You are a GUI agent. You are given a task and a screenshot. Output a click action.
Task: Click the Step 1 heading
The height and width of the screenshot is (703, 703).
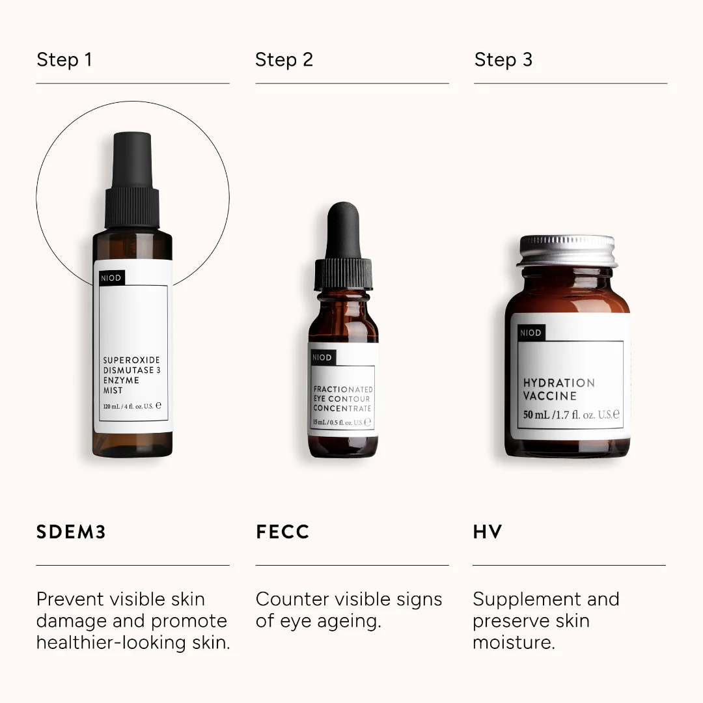pyautogui.click(x=64, y=60)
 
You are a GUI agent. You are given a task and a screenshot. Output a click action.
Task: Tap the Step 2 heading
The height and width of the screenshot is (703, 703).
pyautogui.click(x=284, y=60)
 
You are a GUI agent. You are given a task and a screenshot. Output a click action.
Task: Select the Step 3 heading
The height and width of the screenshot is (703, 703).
pyautogui.click(x=503, y=60)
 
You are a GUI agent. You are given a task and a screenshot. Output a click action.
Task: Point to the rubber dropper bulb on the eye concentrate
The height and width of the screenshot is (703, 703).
pyautogui.click(x=343, y=228)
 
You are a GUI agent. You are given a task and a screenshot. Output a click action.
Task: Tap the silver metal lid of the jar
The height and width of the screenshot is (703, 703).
pyautogui.click(x=568, y=251)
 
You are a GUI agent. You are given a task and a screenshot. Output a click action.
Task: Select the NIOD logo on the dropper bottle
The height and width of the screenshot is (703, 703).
pyautogui.click(x=322, y=357)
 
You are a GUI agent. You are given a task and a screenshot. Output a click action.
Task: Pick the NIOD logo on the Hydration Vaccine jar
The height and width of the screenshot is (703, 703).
pyautogui.click(x=531, y=333)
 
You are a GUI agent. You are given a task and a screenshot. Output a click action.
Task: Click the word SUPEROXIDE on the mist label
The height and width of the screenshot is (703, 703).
pyautogui.click(x=131, y=360)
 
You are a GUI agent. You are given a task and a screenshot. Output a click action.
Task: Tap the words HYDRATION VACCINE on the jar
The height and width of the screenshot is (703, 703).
pyautogui.click(x=558, y=389)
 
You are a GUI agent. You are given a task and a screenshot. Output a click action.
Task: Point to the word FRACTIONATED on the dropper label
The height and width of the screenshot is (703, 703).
pyautogui.click(x=343, y=389)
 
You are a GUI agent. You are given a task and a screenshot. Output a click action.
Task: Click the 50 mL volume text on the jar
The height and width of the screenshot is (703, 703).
pyautogui.click(x=536, y=415)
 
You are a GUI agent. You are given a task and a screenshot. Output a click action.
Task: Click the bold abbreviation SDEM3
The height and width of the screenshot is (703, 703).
pyautogui.click(x=71, y=532)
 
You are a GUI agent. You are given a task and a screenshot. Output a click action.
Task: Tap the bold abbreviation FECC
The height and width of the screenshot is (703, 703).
pyautogui.click(x=283, y=532)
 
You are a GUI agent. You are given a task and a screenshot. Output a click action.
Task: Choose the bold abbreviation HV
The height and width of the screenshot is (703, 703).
pyautogui.click(x=488, y=532)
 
